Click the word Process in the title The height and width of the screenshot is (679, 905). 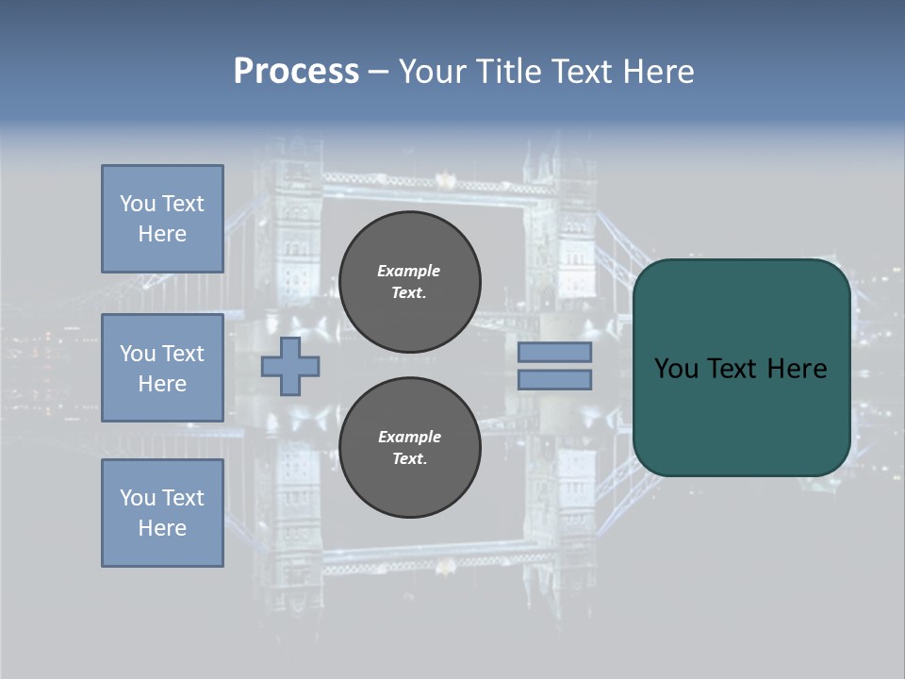pyautogui.click(x=296, y=72)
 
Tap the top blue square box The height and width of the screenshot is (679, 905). pyautogui.click(x=162, y=219)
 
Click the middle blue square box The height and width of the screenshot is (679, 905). pyautogui.click(x=162, y=368)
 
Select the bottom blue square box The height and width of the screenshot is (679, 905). pyautogui.click(x=162, y=512)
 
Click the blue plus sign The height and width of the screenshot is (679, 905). pyautogui.click(x=290, y=366)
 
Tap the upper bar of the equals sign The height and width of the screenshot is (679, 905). pyautogui.click(x=554, y=352)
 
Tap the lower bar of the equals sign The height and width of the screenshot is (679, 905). pyautogui.click(x=554, y=379)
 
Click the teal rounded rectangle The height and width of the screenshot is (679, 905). pyautogui.click(x=741, y=415)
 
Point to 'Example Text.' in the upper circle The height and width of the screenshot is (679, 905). pyautogui.click(x=409, y=281)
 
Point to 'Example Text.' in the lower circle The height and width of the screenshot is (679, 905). pyautogui.click(x=409, y=447)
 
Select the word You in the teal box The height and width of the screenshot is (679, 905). pyautogui.click(x=676, y=368)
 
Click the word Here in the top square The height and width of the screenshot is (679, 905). pyautogui.click(x=162, y=234)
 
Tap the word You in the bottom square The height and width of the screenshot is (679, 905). pyautogui.click(x=137, y=497)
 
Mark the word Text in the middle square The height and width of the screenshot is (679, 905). pyautogui.click(x=183, y=353)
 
